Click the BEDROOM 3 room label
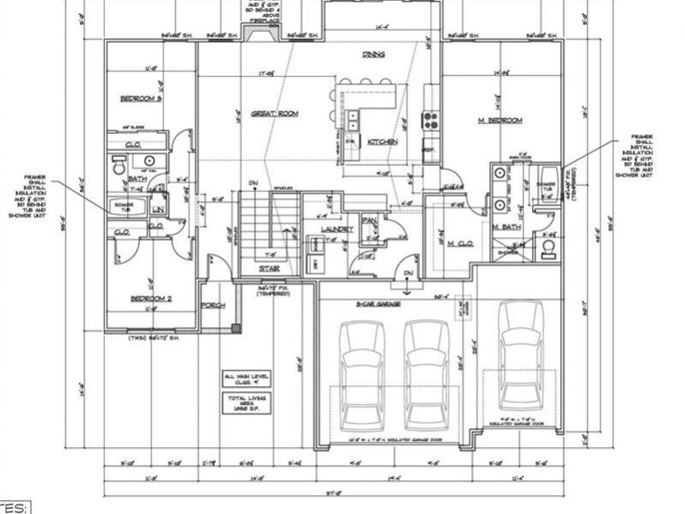click(142, 99)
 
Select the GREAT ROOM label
click(278, 113)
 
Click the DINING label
click(373, 55)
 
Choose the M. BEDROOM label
click(499, 121)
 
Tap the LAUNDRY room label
click(336, 228)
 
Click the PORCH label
click(213, 306)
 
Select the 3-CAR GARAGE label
click(378, 303)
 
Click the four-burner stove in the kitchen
click(431, 120)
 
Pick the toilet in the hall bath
click(119, 164)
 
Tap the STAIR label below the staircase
click(266, 269)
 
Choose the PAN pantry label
click(370, 221)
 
